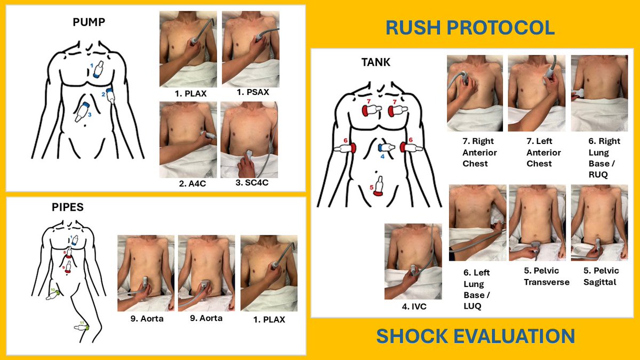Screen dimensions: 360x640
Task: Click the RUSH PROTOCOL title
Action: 470,28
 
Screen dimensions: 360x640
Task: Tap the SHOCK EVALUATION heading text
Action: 475,336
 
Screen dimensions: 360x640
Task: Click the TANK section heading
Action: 376,62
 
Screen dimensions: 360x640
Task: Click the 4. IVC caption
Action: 413,307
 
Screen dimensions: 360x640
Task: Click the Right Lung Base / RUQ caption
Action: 596,158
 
